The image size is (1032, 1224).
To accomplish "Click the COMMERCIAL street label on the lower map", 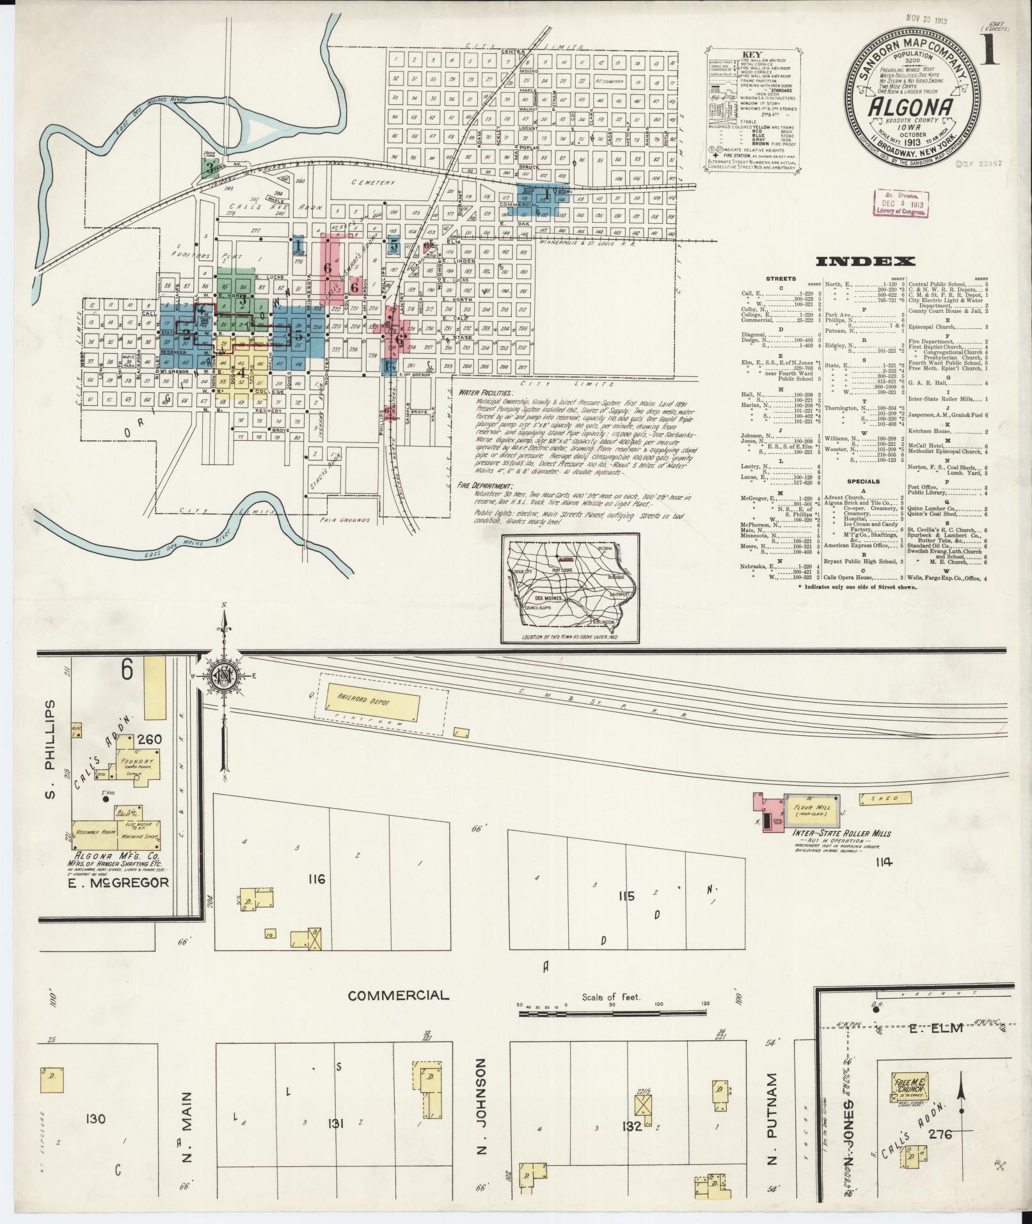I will (399, 1013).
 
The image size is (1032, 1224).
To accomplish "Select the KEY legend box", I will (754, 111).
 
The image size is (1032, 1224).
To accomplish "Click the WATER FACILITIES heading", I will (486, 392).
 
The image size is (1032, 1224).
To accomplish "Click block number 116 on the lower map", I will (316, 879).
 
